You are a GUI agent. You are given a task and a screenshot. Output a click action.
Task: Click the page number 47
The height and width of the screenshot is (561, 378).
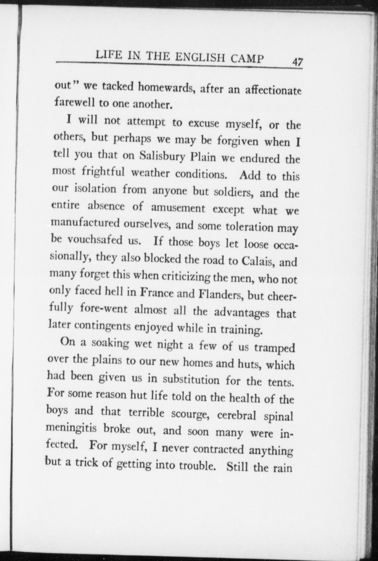click(297, 62)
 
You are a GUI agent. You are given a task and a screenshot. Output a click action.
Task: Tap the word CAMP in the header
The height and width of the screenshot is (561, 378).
click(247, 59)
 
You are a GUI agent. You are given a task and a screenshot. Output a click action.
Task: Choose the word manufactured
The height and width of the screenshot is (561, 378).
click(85, 223)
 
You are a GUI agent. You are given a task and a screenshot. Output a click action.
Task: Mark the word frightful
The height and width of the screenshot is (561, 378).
click(103, 172)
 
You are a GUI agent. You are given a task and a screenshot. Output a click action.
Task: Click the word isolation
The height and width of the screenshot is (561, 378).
click(95, 189)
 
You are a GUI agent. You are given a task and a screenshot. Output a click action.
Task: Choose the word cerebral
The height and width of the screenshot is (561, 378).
click(237, 415)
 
